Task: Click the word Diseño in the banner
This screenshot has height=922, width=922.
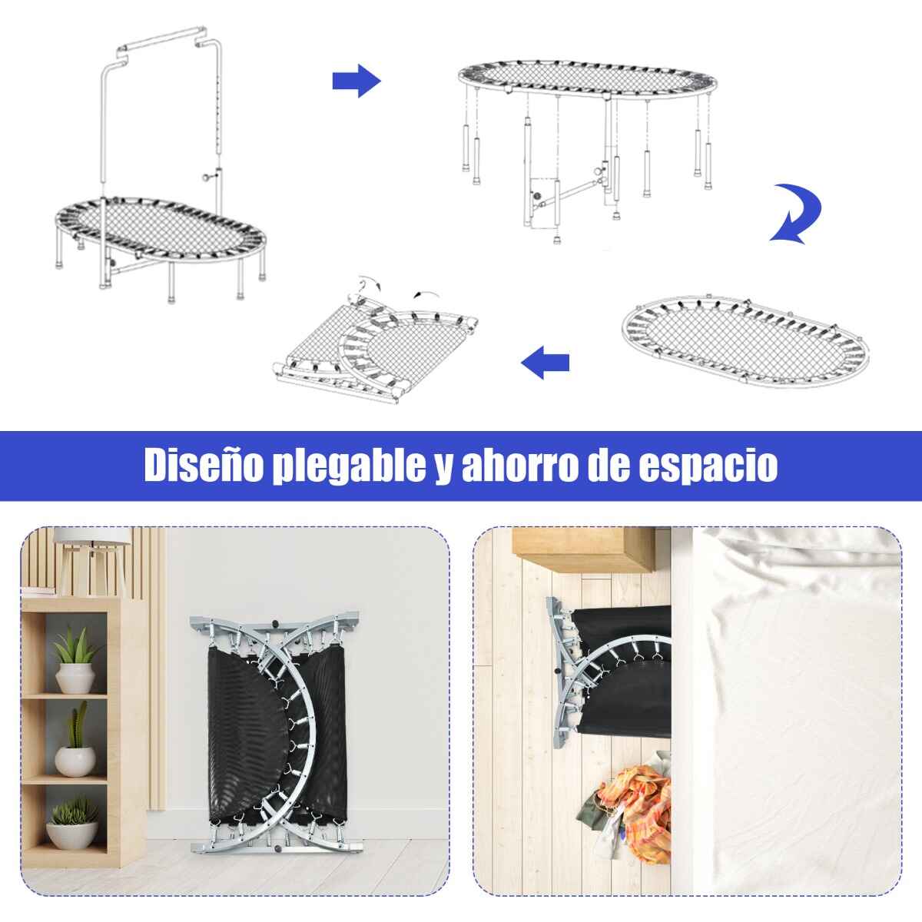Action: point(204,466)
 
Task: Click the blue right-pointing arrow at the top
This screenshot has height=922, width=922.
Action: point(357,81)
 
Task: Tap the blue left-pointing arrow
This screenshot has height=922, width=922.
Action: point(545,362)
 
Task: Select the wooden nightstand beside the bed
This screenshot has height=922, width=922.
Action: point(584,549)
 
